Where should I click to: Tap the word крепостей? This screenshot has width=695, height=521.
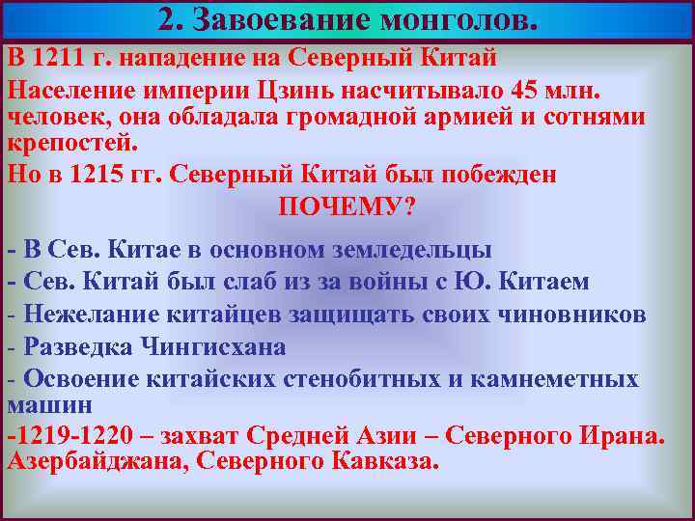(x=73, y=143)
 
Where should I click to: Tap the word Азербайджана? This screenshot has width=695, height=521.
(x=97, y=461)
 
